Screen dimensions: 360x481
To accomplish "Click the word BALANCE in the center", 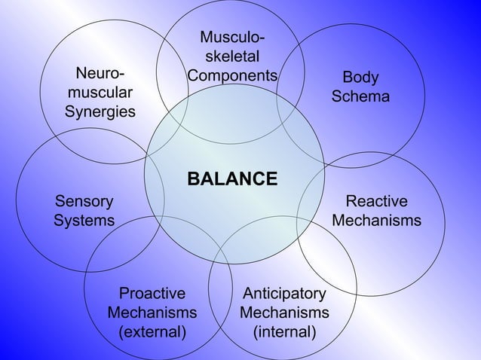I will click(x=232, y=179).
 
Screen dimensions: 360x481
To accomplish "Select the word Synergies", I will click(x=100, y=112).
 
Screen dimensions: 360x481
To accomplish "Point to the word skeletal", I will click(x=232, y=56).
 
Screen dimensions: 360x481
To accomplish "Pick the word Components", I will click(x=232, y=76).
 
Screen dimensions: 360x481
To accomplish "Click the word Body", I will click(x=361, y=78).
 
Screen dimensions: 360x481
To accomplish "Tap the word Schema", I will click(x=361, y=97).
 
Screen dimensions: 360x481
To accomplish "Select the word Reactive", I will click(x=376, y=201).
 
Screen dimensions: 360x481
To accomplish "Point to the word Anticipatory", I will click(x=283, y=293).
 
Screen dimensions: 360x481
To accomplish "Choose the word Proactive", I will click(x=152, y=293).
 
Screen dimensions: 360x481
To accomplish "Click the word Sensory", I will click(x=84, y=201).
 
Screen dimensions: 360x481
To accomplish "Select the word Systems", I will click(x=84, y=221).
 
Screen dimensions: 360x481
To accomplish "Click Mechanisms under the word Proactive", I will click(x=152, y=312).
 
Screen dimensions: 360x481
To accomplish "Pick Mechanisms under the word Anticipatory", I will click(x=283, y=312).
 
